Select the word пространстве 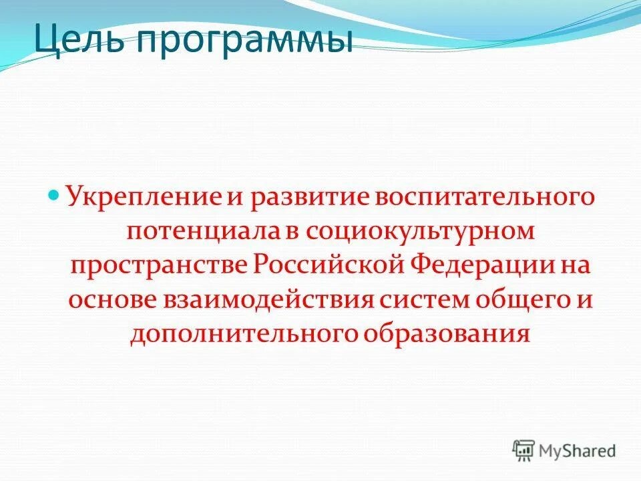[160, 265]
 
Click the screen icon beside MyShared [524, 451]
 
